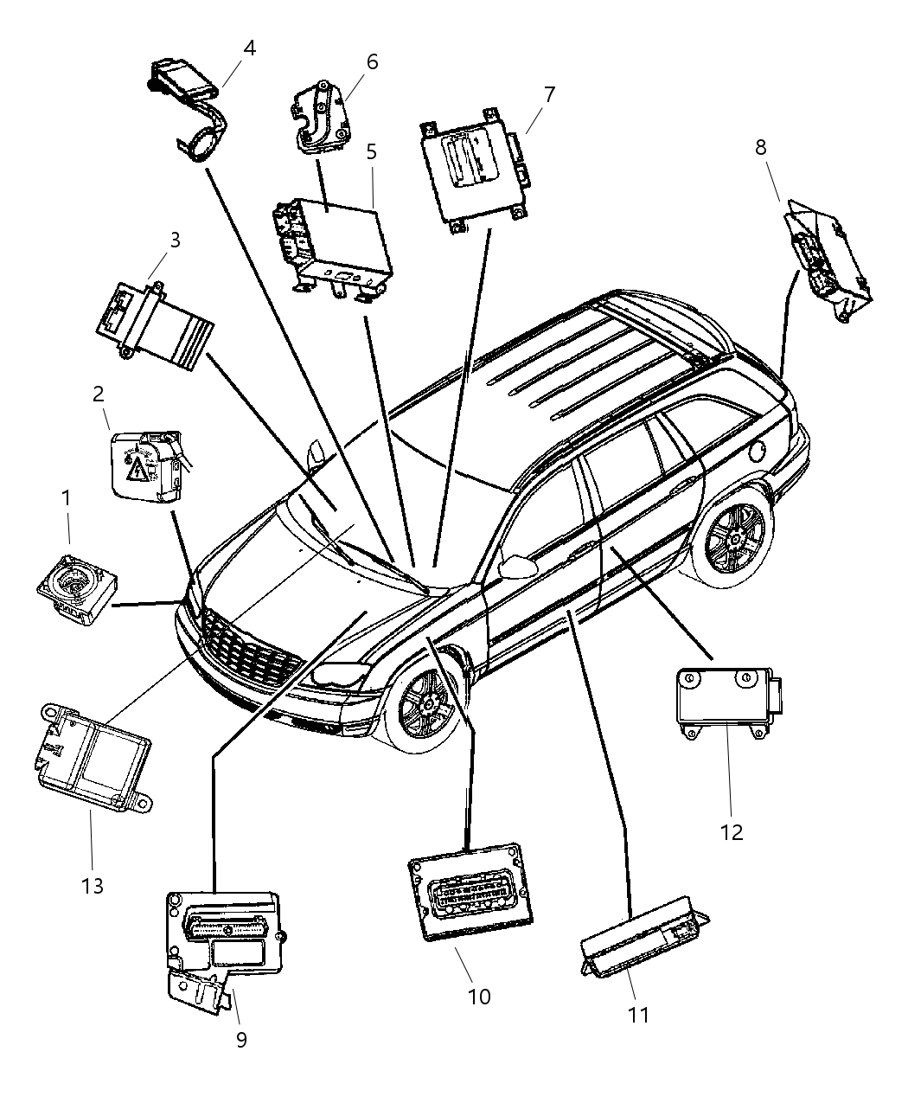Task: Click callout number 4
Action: [x=249, y=48]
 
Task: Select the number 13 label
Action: [x=92, y=885]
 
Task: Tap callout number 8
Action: [x=761, y=147]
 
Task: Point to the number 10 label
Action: [x=478, y=996]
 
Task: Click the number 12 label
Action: [x=731, y=832]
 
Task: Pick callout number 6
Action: [x=372, y=62]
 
